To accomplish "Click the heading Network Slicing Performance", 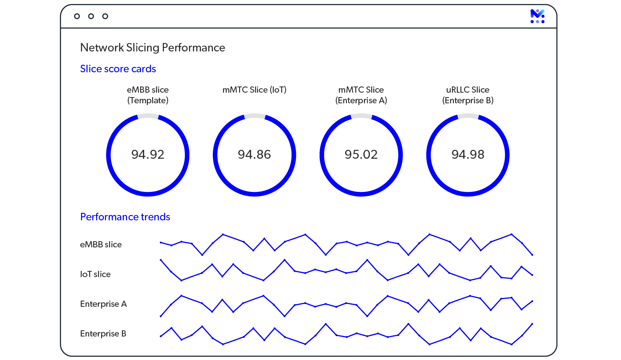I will [153, 48].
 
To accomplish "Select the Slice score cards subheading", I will [118, 69].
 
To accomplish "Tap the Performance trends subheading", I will [125, 217].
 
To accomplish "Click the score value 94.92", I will [148, 155].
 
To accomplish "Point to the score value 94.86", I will [255, 155].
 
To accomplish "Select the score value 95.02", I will [361, 155].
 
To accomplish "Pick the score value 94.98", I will [468, 155].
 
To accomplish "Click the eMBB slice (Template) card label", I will [148, 95].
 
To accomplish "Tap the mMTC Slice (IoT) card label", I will [255, 90].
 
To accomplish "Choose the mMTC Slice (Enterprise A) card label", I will [361, 95].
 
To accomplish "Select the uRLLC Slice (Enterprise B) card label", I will [468, 95].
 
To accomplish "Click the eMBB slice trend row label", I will [101, 245].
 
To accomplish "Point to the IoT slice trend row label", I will [95, 274].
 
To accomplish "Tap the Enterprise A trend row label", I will [103, 304].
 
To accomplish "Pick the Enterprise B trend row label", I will [103, 334].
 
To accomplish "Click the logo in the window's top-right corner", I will [537, 16].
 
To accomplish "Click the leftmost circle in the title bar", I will [77, 16].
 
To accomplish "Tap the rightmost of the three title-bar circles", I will [105, 16].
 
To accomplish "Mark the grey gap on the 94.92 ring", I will [148, 116].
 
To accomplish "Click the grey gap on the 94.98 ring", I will [468, 116].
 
